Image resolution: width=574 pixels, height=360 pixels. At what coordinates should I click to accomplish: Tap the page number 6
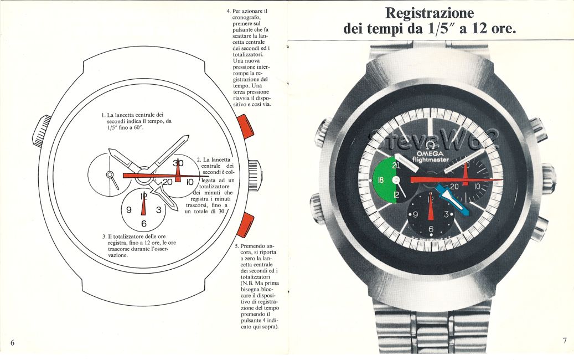click(12, 342)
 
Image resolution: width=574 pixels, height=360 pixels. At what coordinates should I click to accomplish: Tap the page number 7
click(565, 341)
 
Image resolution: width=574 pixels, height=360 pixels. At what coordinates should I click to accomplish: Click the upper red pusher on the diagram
click(245, 125)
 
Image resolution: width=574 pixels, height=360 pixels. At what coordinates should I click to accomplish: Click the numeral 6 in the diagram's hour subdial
click(143, 224)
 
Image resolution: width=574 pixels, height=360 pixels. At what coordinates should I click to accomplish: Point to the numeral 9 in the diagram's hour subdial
click(128, 210)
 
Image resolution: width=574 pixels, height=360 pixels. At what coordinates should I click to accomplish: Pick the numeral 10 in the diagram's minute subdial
click(189, 181)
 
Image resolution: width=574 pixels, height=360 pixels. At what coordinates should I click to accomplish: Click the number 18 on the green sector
click(381, 181)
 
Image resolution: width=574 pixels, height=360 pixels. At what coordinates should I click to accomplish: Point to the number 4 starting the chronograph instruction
click(229, 11)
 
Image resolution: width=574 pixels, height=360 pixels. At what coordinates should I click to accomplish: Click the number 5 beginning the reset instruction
click(237, 245)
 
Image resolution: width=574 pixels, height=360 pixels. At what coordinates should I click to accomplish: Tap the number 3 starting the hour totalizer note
click(104, 236)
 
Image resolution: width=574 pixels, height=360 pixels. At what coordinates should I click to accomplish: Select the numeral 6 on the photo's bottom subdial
click(431, 229)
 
